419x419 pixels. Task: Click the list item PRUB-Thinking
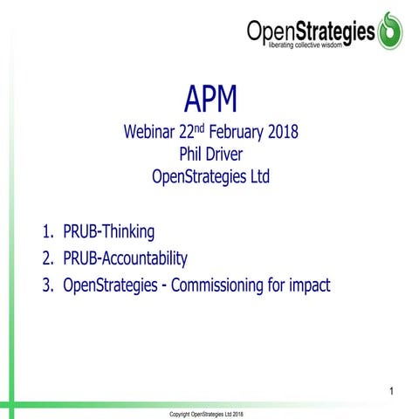pyautogui.click(x=108, y=232)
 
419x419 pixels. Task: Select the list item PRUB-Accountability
pyautogui.click(x=125, y=258)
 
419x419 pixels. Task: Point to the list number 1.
pyautogui.click(x=46, y=232)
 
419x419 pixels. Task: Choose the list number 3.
pyautogui.click(x=46, y=285)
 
